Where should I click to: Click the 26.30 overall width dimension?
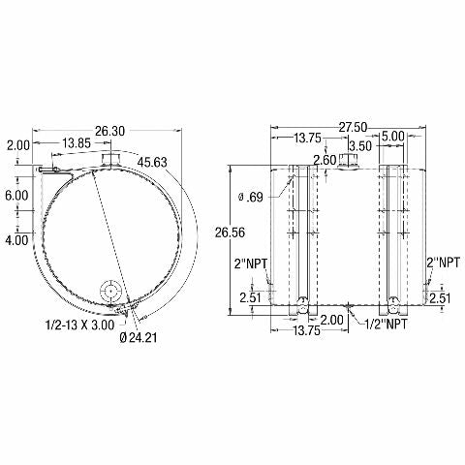(x=109, y=131)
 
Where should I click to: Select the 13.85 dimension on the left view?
(x=77, y=143)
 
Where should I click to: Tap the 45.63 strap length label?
(x=152, y=162)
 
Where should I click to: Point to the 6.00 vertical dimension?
(x=16, y=196)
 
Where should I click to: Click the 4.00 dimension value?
(x=16, y=240)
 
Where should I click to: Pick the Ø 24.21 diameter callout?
(x=139, y=338)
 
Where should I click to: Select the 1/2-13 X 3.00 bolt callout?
(x=80, y=325)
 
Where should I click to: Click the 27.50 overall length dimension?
(x=353, y=128)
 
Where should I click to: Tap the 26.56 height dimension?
(x=231, y=232)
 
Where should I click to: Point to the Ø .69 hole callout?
(x=251, y=197)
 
